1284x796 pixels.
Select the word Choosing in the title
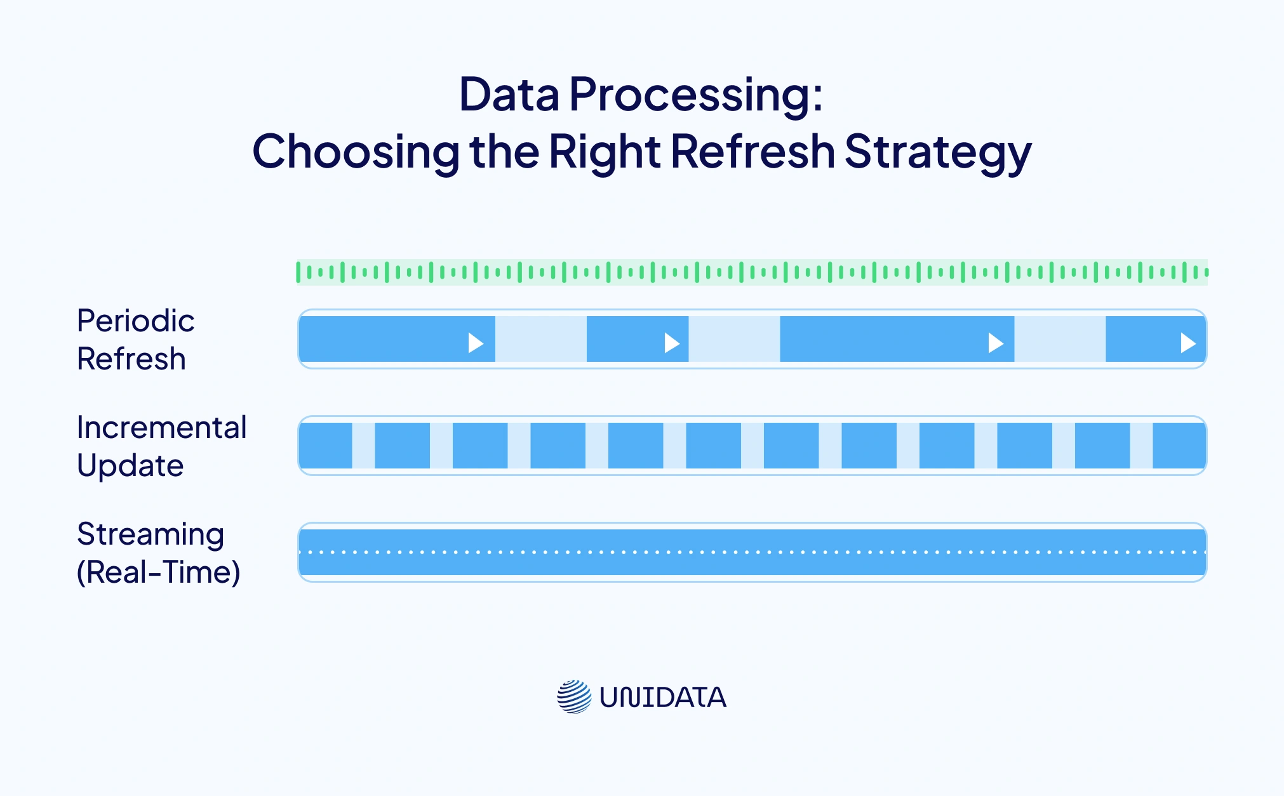(356, 152)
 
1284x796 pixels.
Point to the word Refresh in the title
(752, 152)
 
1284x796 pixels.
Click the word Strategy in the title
(938, 152)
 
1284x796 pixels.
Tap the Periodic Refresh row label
(135, 340)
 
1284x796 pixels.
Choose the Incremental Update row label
(161, 446)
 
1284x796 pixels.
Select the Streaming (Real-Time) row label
(158, 553)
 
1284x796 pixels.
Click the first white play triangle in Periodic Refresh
(476, 343)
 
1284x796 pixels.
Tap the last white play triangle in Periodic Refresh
(1187, 343)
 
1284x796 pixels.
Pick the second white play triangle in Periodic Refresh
(671, 343)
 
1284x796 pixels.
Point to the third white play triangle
(995, 343)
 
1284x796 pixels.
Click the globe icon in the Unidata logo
(574, 697)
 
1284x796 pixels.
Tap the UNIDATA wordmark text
(663, 698)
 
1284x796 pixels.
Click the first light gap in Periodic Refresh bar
(540, 339)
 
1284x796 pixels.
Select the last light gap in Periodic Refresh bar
(1059, 339)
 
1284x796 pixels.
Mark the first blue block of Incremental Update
(326, 446)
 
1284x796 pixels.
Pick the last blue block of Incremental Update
(1179, 446)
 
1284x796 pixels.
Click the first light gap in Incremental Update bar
(363, 446)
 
